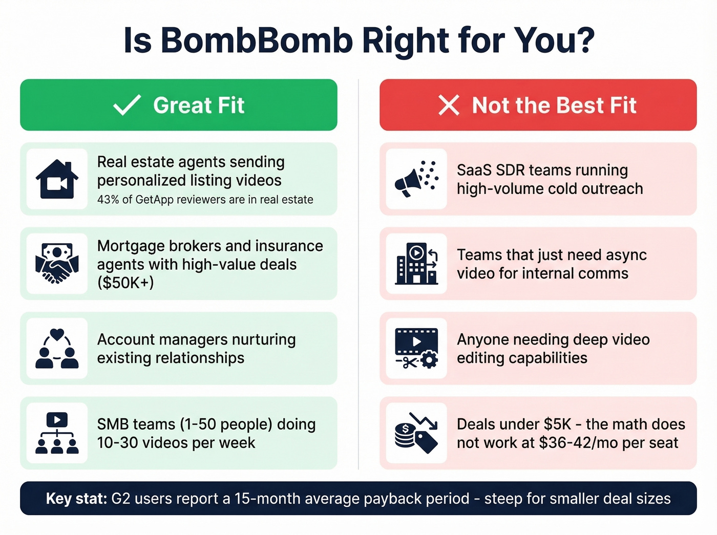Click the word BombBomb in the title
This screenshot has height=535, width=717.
point(257,40)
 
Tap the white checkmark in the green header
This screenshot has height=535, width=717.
point(126,105)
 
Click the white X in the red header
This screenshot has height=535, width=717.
point(449,105)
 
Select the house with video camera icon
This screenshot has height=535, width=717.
point(57,179)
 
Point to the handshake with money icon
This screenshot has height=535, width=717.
point(57,264)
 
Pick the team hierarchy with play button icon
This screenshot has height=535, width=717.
point(57,433)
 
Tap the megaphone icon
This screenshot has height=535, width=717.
point(416,179)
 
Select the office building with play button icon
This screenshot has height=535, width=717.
point(416,264)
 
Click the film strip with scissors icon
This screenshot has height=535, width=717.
point(416,349)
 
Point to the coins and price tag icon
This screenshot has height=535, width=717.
point(416,433)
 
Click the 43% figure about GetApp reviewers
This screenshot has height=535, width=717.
point(108,200)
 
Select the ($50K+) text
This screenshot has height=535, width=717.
point(125,283)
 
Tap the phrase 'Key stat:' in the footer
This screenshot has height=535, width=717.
point(76,499)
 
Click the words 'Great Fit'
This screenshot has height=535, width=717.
point(199,105)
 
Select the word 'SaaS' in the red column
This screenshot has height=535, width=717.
point(474,170)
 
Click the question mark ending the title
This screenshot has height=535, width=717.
point(584,40)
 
